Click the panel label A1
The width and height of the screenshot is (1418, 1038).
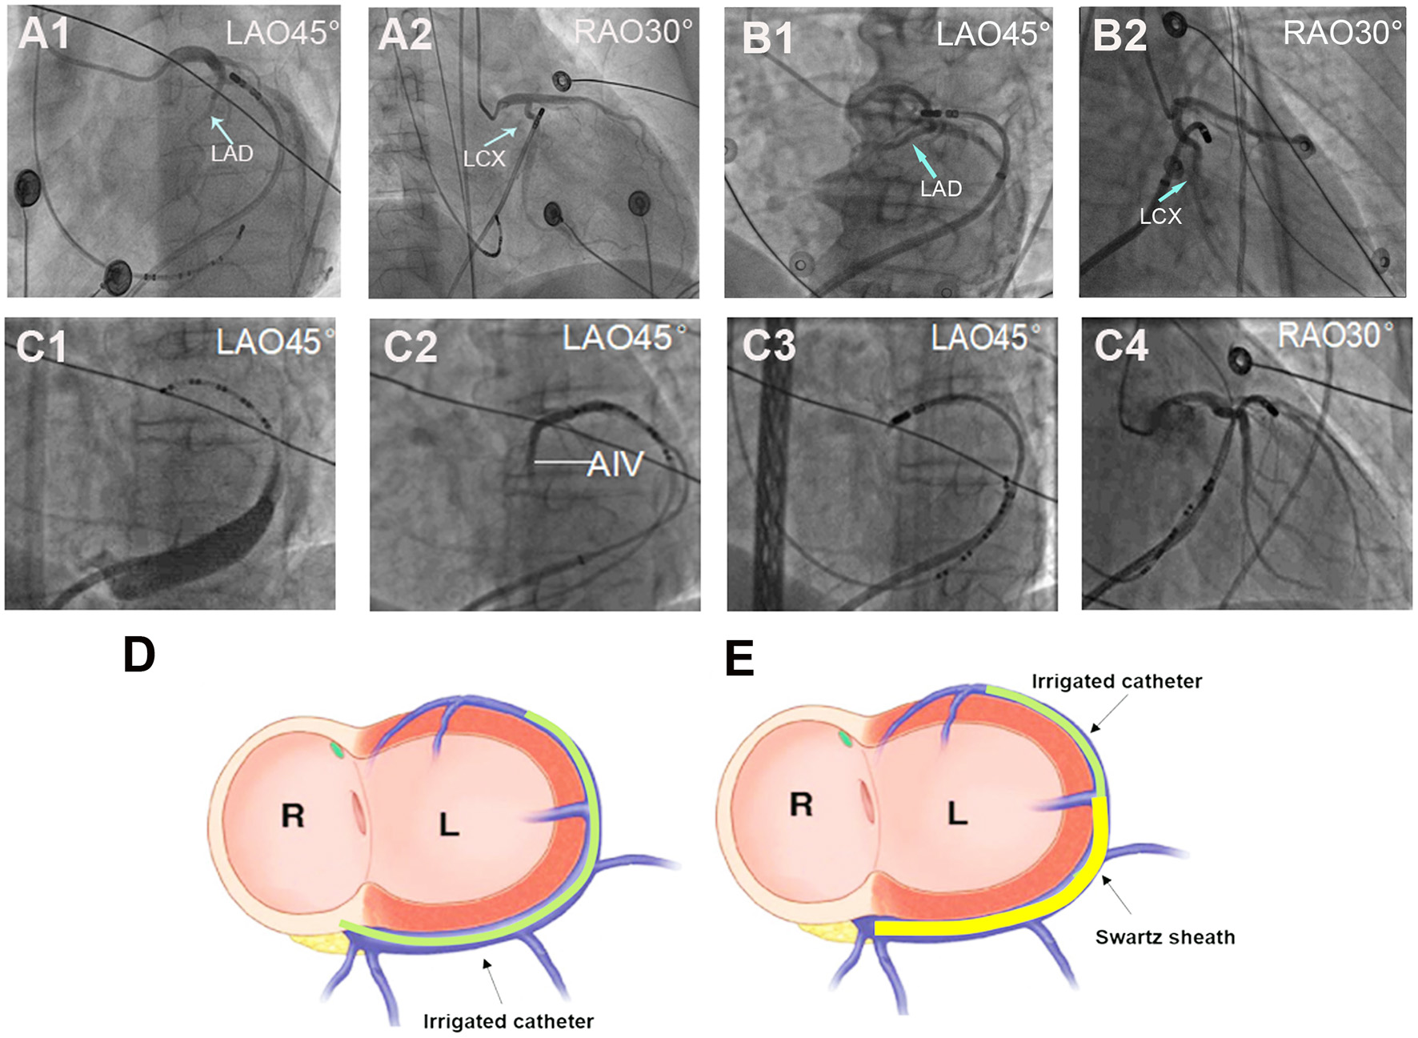[x=44, y=34]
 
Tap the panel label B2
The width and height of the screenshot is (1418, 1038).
[x=1120, y=36]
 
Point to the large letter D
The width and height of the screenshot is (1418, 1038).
[x=139, y=655]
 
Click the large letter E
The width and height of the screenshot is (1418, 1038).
[x=739, y=659]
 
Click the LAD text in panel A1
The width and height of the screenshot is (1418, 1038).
[x=232, y=154]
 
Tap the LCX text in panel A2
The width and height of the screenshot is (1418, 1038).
[x=484, y=159]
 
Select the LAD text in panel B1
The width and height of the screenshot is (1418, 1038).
[x=941, y=189]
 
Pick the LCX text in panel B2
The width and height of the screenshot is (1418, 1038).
[x=1160, y=216]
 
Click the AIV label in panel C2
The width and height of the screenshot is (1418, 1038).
[x=615, y=464]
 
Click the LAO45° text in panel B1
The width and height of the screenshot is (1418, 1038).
[x=993, y=34]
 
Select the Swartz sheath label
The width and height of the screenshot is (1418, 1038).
[x=1164, y=937]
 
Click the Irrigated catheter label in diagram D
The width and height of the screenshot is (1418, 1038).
[x=508, y=1021]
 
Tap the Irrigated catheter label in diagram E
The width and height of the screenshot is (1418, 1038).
[x=1116, y=681]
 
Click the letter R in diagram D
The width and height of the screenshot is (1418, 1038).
[x=293, y=816]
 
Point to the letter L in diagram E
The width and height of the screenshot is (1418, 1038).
[x=958, y=814]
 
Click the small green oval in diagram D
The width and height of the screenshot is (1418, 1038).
[x=339, y=749]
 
